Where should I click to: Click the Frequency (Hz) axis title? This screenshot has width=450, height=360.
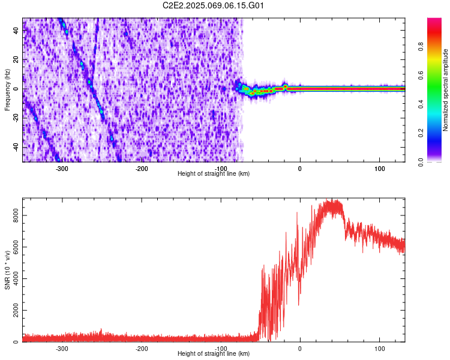pyautogui.click(x=7, y=89)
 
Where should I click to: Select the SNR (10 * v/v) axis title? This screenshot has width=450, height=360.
pyautogui.click(x=7, y=270)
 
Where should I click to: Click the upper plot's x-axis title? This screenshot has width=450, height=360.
pyautogui.click(x=214, y=173)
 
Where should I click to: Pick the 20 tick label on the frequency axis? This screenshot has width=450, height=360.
pyautogui.click(x=16, y=60)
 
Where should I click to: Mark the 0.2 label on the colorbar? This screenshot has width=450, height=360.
pyautogui.click(x=421, y=133)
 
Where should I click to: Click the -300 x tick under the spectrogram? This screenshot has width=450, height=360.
pyautogui.click(x=62, y=168)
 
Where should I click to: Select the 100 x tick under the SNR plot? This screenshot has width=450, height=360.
pyautogui.click(x=379, y=348)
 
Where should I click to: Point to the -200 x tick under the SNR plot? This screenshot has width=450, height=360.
pyautogui.click(x=142, y=348)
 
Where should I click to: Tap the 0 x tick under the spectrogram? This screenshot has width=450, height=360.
pyautogui.click(x=300, y=168)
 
